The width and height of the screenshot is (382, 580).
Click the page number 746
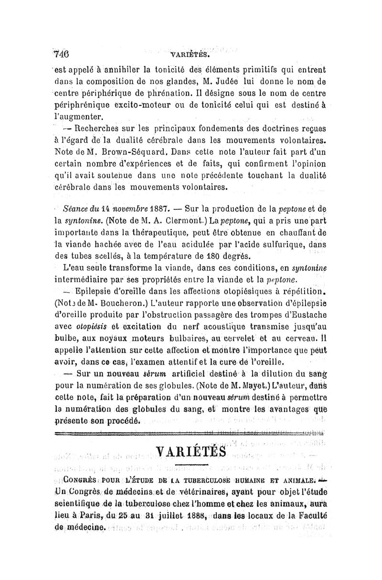coord(61,53)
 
